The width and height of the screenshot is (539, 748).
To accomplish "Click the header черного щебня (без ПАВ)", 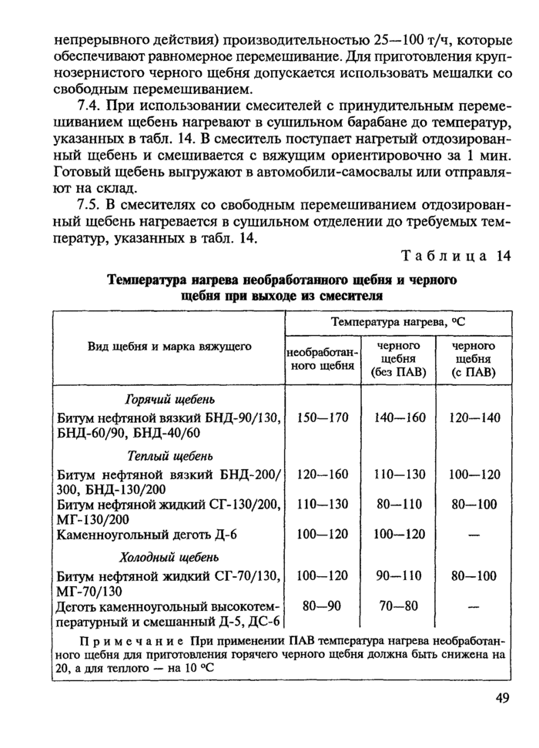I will (x=397, y=359).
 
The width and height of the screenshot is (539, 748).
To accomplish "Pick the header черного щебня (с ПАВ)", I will (x=474, y=359).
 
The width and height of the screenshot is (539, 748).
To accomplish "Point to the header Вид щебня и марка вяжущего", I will (x=169, y=347).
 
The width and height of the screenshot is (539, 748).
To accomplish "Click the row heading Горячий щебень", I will (x=169, y=399).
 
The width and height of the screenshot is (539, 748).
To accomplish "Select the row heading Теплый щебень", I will (x=169, y=455).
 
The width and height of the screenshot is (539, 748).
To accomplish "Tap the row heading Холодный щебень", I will (x=169, y=557).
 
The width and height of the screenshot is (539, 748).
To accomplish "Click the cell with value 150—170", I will (x=323, y=418).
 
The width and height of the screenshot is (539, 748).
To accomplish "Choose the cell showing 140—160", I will (x=398, y=418).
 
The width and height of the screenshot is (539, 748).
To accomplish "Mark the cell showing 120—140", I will (x=474, y=418).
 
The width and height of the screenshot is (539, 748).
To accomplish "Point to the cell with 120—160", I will (x=323, y=474).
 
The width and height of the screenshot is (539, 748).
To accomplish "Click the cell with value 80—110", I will (x=398, y=505).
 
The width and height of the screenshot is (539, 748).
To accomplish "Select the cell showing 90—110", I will (x=398, y=575).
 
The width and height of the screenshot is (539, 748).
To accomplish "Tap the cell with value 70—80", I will (x=398, y=606).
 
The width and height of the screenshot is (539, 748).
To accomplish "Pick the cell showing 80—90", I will (x=323, y=606).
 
